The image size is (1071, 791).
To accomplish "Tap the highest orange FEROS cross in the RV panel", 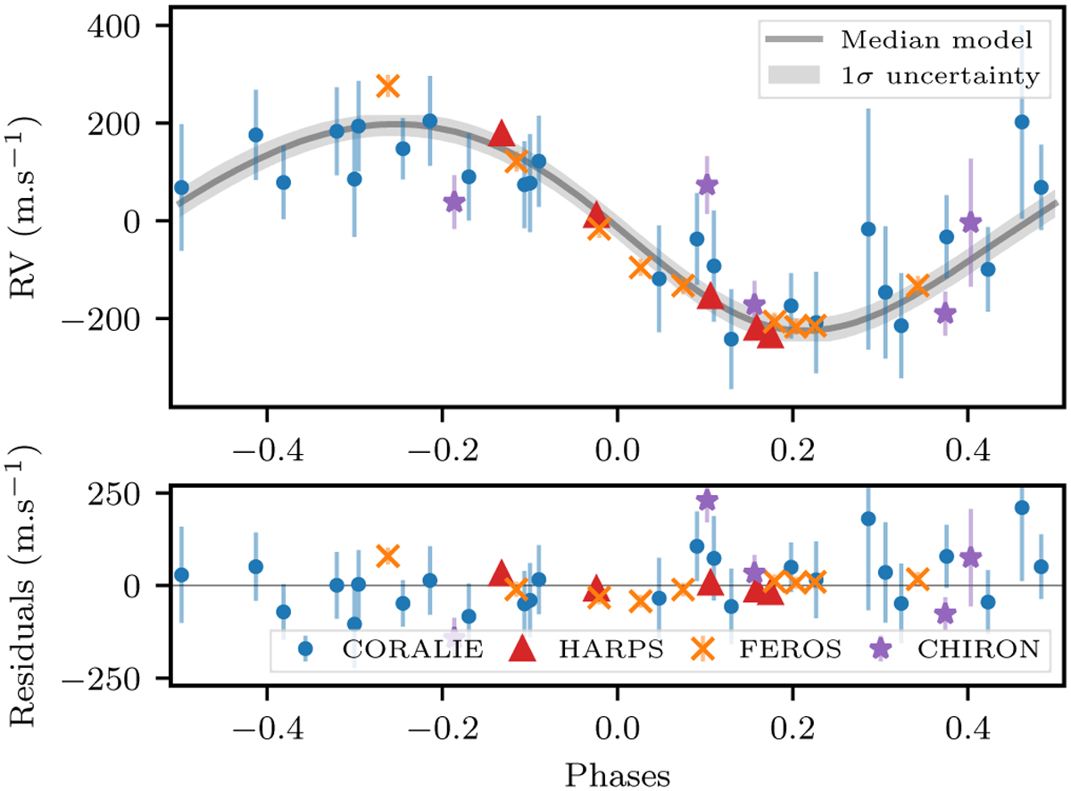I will [x=386, y=86].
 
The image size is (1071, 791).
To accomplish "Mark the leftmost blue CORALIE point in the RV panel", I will [x=181, y=187].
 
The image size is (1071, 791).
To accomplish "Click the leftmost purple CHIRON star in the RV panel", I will [x=454, y=202].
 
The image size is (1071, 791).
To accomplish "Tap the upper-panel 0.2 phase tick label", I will [x=792, y=441].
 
